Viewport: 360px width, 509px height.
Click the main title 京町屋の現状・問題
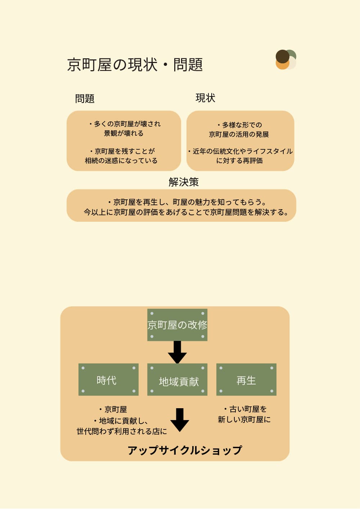[135, 65]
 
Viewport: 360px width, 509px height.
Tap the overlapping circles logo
[286, 59]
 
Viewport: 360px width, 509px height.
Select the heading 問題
[85, 99]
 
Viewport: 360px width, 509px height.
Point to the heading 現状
[205, 98]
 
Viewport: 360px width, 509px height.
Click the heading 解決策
[184, 182]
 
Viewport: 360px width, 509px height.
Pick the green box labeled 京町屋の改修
[177, 325]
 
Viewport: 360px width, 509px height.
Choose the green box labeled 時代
[108, 380]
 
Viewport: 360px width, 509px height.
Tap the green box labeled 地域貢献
[177, 380]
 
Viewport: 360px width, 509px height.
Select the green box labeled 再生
[246, 380]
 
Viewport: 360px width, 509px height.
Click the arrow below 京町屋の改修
[177, 352]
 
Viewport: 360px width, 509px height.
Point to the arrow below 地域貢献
[180, 420]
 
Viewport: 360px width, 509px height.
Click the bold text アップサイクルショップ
[185, 450]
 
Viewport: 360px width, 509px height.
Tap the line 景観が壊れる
[124, 133]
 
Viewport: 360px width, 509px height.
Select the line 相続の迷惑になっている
[121, 161]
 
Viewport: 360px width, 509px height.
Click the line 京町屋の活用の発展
[239, 134]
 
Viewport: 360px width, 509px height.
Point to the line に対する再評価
[239, 161]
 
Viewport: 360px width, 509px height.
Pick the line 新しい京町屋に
[244, 419]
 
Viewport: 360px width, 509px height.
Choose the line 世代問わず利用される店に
[122, 431]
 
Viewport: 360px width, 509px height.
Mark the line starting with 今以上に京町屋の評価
[186, 212]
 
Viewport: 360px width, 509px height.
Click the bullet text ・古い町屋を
[245, 409]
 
